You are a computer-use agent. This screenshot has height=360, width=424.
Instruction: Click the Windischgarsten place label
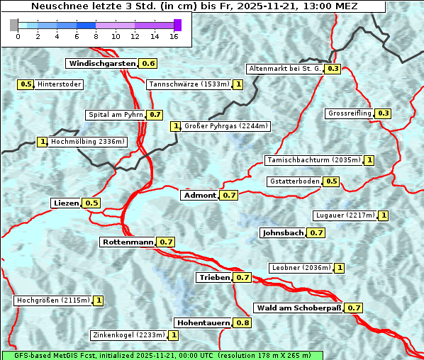tap(101, 64)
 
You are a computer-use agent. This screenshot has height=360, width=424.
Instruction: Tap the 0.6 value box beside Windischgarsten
tap(148, 64)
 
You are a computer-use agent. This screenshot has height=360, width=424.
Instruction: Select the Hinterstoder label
tap(60, 85)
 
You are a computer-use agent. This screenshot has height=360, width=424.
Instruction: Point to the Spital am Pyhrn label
tap(115, 115)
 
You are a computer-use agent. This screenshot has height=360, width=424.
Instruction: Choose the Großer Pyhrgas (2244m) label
tap(225, 127)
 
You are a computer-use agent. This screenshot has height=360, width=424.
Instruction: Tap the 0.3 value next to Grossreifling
tap(384, 113)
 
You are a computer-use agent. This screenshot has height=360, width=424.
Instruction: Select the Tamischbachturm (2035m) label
tap(313, 160)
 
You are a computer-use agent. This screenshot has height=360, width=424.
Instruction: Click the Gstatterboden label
tap(294, 181)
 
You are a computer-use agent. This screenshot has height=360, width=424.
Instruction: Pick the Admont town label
tap(199, 196)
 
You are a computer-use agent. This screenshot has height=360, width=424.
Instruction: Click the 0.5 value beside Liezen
tap(91, 203)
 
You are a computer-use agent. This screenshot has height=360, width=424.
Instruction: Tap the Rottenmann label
tap(128, 242)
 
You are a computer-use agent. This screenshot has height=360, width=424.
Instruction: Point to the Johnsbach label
tap(283, 232)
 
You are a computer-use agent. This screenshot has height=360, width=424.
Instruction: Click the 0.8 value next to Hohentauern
tap(242, 323)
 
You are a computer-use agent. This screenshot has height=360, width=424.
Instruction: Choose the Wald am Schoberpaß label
tap(298, 308)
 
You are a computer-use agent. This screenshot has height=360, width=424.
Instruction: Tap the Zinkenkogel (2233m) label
tap(128, 335)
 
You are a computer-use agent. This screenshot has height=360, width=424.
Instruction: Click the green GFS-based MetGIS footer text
tap(162, 355)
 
